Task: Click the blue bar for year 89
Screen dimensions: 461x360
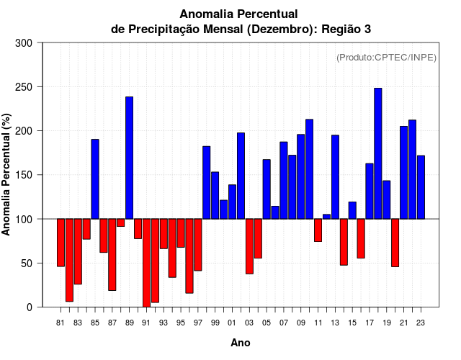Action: click(x=130, y=158)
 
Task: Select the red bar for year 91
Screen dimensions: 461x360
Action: click(x=146, y=263)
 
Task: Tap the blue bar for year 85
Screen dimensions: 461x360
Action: click(x=95, y=179)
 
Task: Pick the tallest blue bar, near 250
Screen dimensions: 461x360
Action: click(x=378, y=153)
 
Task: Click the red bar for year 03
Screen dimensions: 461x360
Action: click(x=250, y=246)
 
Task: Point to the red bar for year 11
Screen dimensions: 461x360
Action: click(x=318, y=230)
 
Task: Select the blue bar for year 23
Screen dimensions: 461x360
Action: click(x=421, y=187)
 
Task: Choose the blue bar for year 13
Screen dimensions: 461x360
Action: click(x=335, y=177)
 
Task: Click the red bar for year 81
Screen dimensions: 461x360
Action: click(x=61, y=243)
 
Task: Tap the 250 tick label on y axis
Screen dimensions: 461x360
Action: click(x=24, y=87)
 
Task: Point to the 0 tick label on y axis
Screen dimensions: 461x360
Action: click(x=30, y=307)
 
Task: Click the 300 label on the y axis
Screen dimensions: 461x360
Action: click(x=24, y=43)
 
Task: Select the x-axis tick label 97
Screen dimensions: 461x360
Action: click(x=198, y=323)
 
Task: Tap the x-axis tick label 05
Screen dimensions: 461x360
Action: click(x=267, y=323)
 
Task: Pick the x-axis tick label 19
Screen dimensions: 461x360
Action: click(x=387, y=323)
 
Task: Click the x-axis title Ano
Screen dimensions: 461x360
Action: click(x=241, y=343)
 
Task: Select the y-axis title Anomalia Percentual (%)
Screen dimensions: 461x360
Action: click(x=6, y=174)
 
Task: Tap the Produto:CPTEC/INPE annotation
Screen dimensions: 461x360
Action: click(x=386, y=58)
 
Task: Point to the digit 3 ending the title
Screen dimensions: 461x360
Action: click(x=367, y=29)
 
